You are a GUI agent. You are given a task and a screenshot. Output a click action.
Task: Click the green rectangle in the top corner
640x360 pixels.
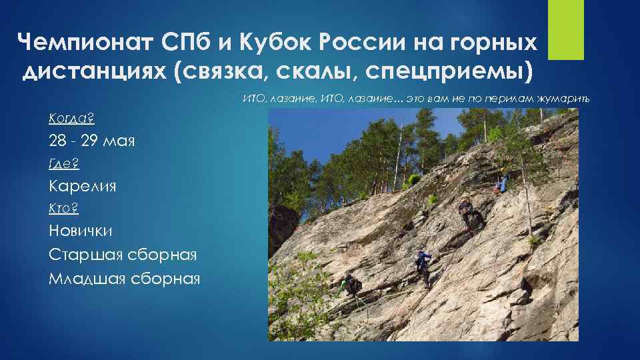click(565, 29)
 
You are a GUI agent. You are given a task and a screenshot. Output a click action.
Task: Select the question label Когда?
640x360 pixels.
click(71, 119)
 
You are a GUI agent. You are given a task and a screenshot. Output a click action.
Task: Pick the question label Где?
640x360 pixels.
click(64, 163)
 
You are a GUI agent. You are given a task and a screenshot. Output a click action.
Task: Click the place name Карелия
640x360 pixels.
click(82, 186)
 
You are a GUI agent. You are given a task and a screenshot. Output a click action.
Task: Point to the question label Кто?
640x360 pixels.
click(63, 209)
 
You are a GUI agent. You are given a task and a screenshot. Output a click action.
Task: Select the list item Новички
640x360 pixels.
click(81, 231)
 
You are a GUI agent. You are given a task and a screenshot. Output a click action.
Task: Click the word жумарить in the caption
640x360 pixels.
click(565, 99)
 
